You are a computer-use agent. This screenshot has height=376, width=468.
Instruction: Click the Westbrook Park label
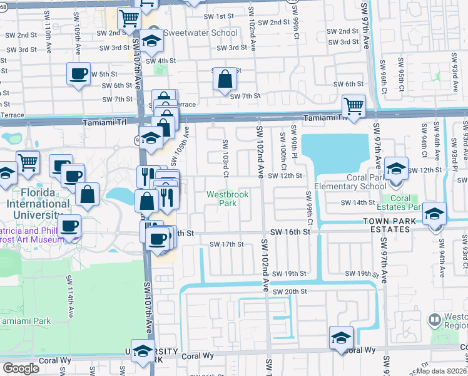228,199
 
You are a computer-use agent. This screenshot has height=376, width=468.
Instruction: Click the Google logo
21,368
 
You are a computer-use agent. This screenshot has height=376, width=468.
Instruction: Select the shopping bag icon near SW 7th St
225,80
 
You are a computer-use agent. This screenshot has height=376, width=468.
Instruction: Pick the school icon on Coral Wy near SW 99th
341,337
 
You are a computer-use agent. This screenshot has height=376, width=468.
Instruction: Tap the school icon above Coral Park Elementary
396,168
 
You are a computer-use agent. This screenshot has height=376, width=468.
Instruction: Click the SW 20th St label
287,292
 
